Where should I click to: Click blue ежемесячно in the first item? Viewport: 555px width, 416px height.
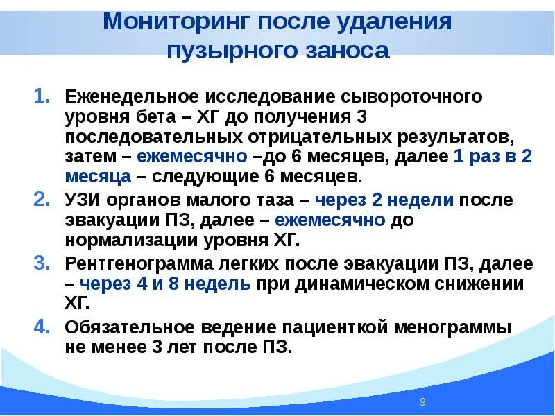point(192,157)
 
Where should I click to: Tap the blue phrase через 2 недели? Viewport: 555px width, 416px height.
point(384,201)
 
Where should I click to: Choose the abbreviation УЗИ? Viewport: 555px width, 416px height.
point(84,201)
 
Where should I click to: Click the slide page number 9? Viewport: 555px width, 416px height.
point(422,402)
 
